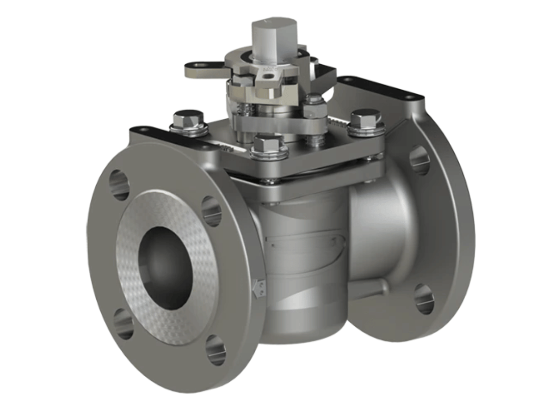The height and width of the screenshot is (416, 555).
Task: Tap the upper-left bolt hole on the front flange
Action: [119, 184]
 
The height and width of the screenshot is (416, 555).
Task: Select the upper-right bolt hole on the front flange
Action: [211, 211]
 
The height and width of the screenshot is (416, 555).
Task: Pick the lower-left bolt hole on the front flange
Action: [123, 323]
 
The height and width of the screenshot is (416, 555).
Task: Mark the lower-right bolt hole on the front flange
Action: [216, 350]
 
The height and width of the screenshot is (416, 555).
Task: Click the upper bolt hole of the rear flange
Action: [419, 160]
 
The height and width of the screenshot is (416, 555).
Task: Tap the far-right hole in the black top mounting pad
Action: [408, 97]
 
